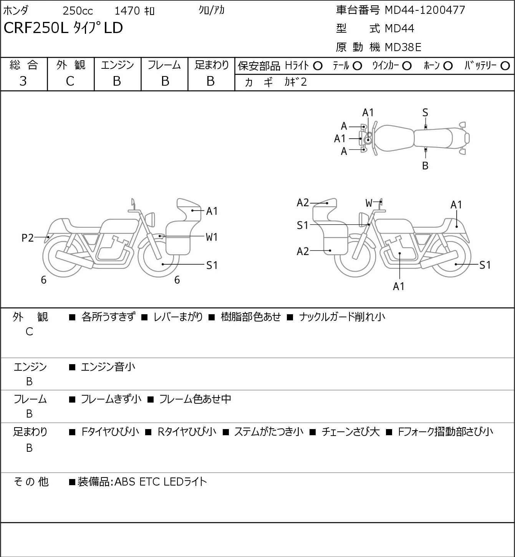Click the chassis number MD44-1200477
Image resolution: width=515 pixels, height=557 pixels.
pos(425,10)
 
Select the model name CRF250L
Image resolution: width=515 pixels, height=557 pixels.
pos(36,28)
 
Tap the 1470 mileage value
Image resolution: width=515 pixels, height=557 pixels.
pos(127,11)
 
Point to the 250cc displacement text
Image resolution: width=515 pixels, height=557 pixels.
pos(78,11)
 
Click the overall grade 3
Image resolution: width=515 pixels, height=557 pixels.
pos(23,81)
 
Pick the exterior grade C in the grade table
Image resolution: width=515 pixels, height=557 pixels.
pos(70,81)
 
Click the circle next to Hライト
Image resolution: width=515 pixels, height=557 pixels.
pos(318,66)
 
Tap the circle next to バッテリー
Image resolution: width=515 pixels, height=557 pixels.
pos(505,66)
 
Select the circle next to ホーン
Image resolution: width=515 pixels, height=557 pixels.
pos(448,66)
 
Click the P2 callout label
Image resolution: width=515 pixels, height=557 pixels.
pos(28,238)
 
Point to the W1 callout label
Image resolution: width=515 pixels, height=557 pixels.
pos(212,237)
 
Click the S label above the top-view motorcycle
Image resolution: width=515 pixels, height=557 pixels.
pos(425,113)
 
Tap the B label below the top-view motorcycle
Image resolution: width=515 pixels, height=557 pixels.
pos(425,166)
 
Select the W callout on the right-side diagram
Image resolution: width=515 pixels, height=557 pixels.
pos(369,203)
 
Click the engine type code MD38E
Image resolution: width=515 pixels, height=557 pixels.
pos(403,47)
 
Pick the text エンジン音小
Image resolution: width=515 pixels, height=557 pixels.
pos(108,367)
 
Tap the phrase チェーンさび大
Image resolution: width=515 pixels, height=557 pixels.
pos(350,432)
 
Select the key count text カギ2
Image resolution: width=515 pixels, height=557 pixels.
pos(296,82)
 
